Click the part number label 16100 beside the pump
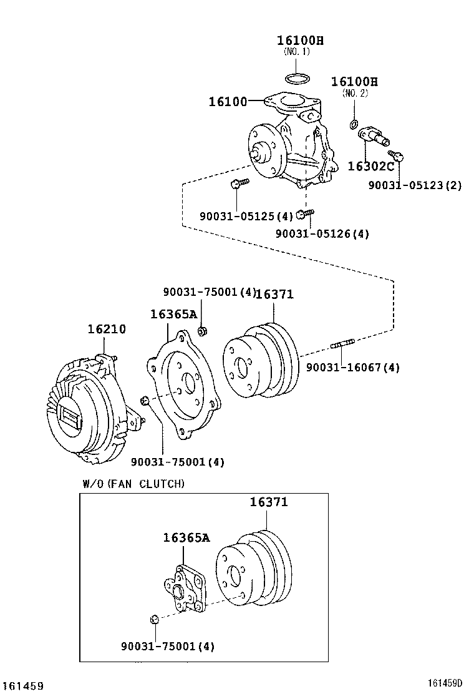[227, 101]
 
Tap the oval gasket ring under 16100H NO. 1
[297, 79]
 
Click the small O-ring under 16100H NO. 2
[354, 122]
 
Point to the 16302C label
[370, 166]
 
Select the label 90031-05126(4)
[322, 233]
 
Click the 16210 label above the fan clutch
[106, 328]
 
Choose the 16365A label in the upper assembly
[173, 314]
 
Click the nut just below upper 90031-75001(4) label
[203, 330]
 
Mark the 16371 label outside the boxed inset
[274, 294]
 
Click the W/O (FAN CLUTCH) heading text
[133, 483]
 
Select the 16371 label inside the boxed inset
[269, 502]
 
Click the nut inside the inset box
[154, 620]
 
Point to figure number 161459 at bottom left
[22, 685]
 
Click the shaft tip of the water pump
[254, 154]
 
